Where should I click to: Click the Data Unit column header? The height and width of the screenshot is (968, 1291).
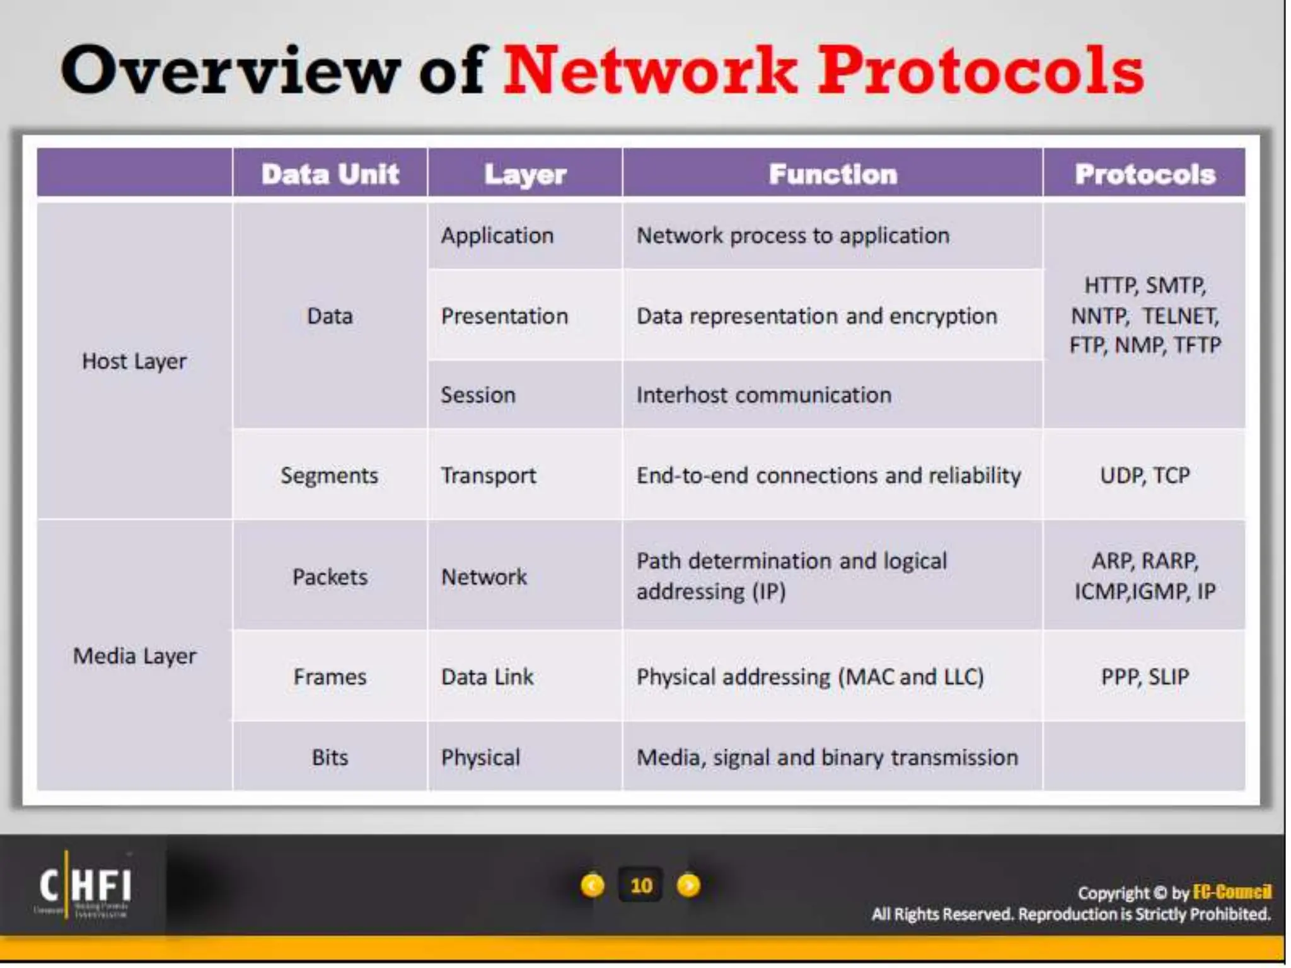[x=330, y=174]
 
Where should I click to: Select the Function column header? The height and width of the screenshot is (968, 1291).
[x=832, y=174]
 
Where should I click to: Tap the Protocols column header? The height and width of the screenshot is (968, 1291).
[x=1144, y=174]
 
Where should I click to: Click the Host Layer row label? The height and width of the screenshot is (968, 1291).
[x=134, y=361]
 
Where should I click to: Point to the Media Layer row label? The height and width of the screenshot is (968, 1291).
[x=134, y=656]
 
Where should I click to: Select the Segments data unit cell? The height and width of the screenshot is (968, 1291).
[x=330, y=475]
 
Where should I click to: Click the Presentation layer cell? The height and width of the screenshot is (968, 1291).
[x=504, y=316]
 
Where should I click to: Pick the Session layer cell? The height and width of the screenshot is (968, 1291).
[x=478, y=395]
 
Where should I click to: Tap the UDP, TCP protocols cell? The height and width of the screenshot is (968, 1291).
[x=1144, y=475]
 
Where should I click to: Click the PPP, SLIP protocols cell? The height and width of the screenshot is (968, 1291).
[x=1144, y=677]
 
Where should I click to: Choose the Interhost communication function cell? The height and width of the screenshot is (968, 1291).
[x=763, y=395]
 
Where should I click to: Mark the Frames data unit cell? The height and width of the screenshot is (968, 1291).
[x=330, y=677]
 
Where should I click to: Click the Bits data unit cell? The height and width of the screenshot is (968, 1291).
[x=330, y=757]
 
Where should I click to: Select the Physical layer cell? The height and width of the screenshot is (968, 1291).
[x=480, y=757]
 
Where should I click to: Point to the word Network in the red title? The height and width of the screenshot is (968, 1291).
[x=649, y=71]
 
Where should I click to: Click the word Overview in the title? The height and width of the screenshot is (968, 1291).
[x=230, y=71]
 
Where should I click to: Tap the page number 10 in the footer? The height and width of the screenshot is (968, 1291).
[x=641, y=885]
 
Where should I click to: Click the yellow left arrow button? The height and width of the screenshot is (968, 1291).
[x=592, y=885]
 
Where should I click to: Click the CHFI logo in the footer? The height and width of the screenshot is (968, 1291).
[x=84, y=885]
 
